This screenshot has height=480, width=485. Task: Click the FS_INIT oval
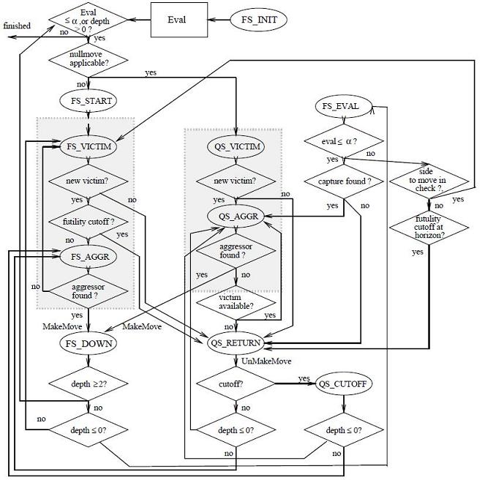coord(258,20)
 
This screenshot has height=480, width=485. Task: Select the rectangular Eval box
coord(179,20)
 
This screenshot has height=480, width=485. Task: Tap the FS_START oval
coord(89,101)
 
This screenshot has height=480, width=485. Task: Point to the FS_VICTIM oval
coord(89,146)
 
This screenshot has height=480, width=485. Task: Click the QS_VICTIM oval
coord(236,146)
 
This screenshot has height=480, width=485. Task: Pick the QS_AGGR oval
coord(236,216)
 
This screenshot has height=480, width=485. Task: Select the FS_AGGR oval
coord(89,257)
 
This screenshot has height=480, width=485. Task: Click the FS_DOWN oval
coord(89,343)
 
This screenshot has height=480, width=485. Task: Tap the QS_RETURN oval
coord(236,343)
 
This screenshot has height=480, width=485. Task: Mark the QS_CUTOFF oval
coord(343,383)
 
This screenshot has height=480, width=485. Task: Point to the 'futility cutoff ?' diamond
coord(89,222)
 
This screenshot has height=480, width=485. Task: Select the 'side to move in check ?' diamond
coord(429,181)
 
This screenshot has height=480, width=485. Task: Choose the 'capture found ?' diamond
coord(344,181)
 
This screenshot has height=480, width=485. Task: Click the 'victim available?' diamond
coord(236,302)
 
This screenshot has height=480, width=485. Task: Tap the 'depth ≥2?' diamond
coord(89,383)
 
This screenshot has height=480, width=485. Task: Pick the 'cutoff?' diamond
coord(236,383)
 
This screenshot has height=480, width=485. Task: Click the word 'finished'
coord(17,26)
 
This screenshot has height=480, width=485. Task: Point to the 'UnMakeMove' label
coord(266,361)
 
